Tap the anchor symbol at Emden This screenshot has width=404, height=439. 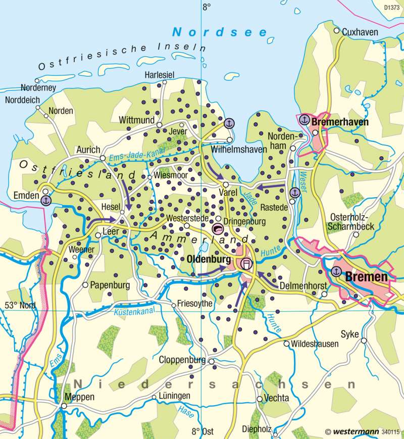(x=45, y=201)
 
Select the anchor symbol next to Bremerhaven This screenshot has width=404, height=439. (x=304, y=120)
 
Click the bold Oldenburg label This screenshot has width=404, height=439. (x=209, y=259)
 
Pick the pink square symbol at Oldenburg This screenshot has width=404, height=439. (x=246, y=263)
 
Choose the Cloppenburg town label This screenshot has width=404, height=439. (x=182, y=361)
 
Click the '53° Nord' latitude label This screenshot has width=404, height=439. (x=20, y=305)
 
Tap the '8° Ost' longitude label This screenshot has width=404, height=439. (x=203, y=431)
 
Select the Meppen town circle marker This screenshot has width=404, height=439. (x=64, y=406)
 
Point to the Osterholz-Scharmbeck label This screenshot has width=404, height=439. (x=351, y=222)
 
